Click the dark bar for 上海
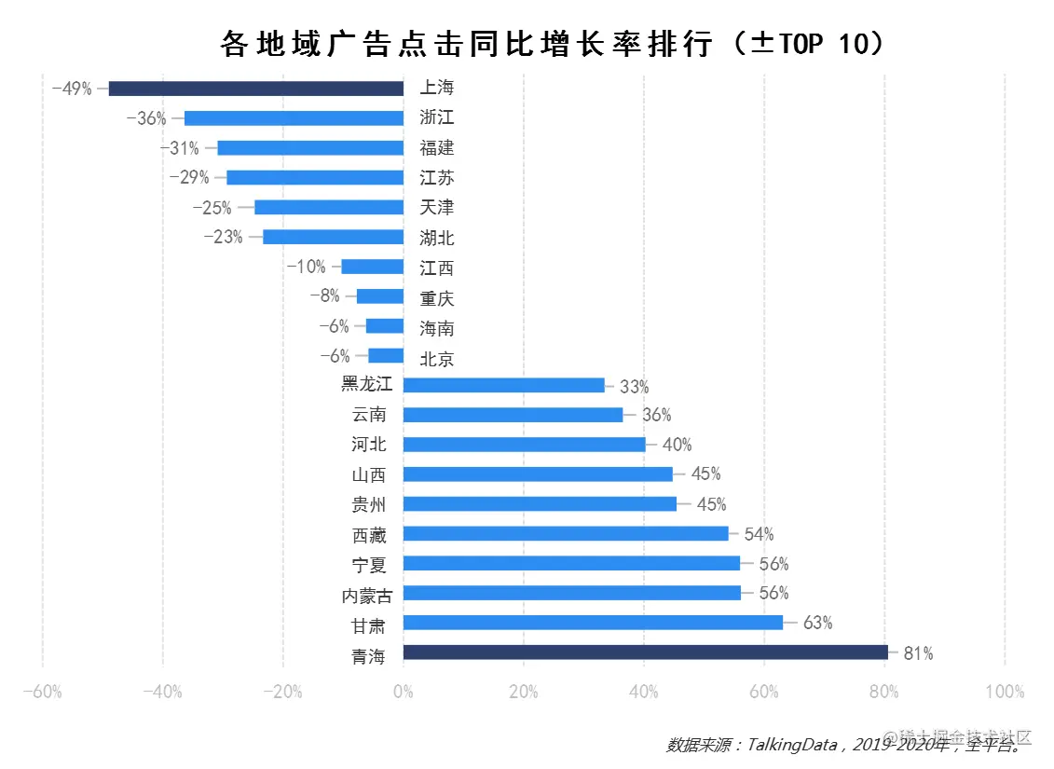coord(256,89)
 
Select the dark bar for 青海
coord(645,652)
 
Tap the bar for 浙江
coord(294,118)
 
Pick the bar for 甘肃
coord(593,623)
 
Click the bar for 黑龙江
coord(503,385)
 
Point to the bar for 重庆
coord(380,296)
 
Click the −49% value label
coord(72,89)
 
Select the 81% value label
coord(918,653)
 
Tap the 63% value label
coord(817,623)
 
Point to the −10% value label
coord(307,267)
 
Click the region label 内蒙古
coord(367,595)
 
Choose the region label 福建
coord(437,148)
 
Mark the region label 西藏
coord(369,535)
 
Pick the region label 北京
coord(437,358)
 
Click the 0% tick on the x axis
coord(403,692)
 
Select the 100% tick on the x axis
coord(1004,692)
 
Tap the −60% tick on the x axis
coord(42,692)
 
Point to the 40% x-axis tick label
coord(643,692)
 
